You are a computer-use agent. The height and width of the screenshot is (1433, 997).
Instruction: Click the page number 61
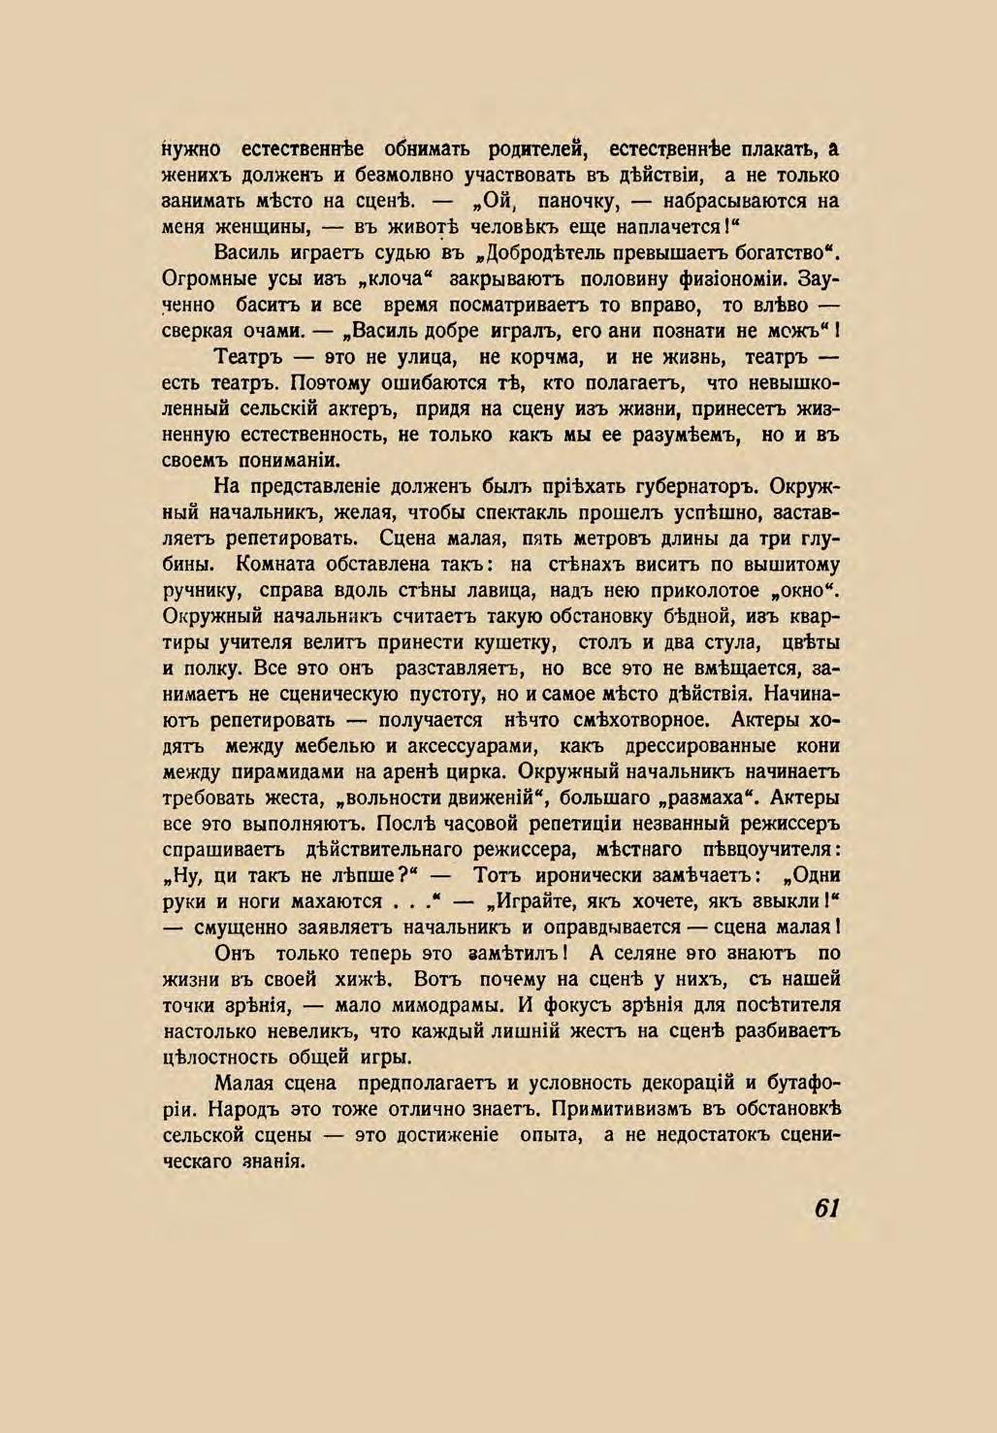(826, 1208)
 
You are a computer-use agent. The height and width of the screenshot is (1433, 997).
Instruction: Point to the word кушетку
(510, 642)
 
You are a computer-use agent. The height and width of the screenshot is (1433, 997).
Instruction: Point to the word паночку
(572, 202)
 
